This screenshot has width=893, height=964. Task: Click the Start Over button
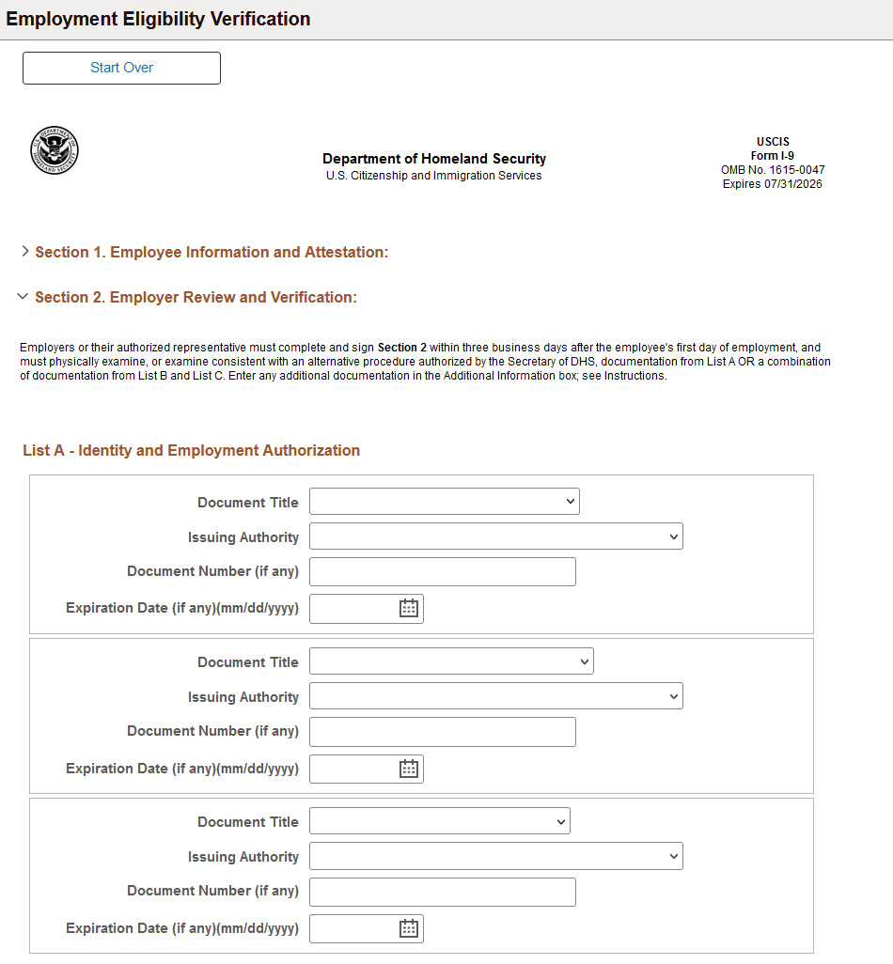(x=121, y=68)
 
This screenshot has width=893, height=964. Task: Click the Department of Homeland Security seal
(x=55, y=150)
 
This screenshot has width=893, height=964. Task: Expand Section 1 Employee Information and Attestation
(x=211, y=252)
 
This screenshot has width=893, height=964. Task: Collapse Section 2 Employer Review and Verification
(x=196, y=297)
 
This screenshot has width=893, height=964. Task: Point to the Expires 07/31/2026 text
(x=772, y=184)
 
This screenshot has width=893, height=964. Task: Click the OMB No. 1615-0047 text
(x=772, y=170)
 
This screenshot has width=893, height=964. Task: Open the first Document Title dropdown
(x=444, y=502)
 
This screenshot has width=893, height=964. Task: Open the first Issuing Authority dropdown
(x=495, y=536)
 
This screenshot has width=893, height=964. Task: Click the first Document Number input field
(x=442, y=571)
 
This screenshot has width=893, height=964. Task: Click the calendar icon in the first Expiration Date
(x=409, y=608)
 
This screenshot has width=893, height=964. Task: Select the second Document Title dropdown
(x=451, y=661)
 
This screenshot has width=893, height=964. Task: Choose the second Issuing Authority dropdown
(x=495, y=696)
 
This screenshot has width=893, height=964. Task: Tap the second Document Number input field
(x=442, y=731)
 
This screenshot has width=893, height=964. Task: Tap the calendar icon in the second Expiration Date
(x=409, y=769)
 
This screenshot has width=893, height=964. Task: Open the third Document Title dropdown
(x=439, y=821)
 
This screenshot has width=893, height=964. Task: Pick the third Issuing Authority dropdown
(x=495, y=856)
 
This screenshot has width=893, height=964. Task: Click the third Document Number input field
(x=442, y=891)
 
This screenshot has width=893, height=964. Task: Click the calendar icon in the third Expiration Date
(x=409, y=928)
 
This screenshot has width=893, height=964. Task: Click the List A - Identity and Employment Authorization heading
(x=191, y=450)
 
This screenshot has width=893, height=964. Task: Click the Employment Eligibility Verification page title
(x=158, y=19)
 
